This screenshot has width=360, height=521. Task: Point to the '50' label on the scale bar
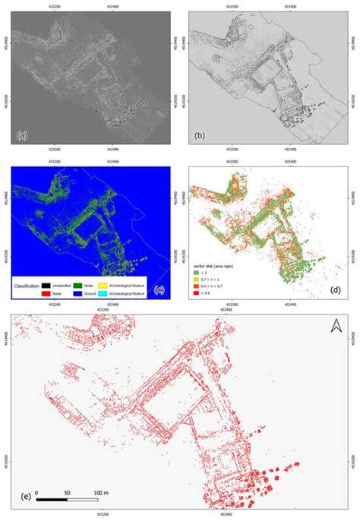pos(67,492)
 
